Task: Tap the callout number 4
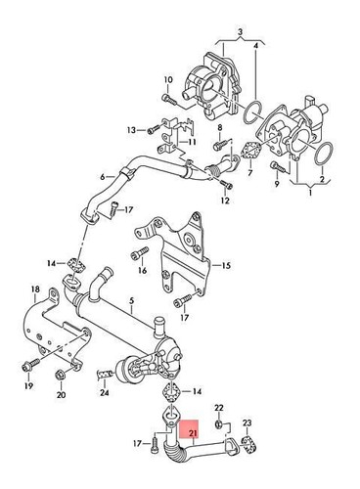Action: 257,46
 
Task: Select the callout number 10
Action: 166,80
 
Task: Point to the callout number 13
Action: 131,129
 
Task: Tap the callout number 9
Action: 277,184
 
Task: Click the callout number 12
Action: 225,201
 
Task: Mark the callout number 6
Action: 101,178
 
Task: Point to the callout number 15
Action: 225,265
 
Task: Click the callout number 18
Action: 34,290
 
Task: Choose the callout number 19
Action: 27,386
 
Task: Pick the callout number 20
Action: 61,395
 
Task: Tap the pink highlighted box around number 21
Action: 193,432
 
